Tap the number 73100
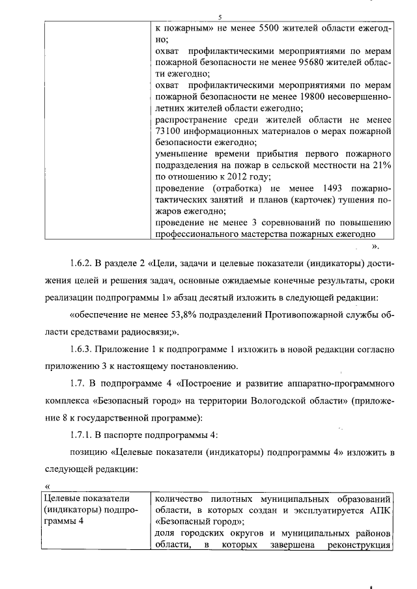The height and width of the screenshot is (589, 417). [168, 132]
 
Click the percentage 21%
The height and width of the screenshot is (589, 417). [381, 166]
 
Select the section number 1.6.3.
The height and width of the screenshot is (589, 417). [81, 349]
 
